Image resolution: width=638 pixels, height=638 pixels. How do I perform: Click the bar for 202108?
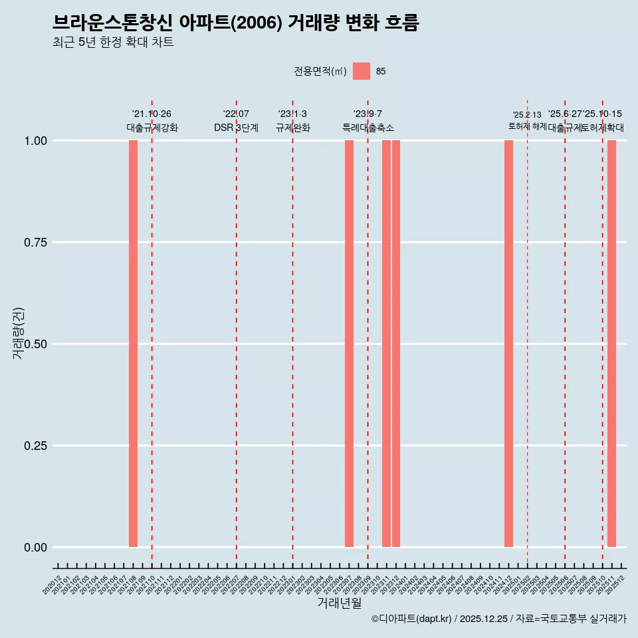pyautogui.click(x=133, y=344)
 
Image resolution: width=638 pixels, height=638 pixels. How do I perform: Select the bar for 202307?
pyautogui.click(x=349, y=344)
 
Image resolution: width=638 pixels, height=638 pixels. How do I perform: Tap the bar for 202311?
pyautogui.click(x=386, y=344)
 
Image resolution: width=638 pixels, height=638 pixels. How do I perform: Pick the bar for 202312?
pyautogui.click(x=396, y=344)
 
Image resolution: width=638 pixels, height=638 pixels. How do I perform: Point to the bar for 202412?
pyautogui.click(x=508, y=344)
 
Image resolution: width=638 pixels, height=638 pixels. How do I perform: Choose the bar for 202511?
pyautogui.click(x=611, y=344)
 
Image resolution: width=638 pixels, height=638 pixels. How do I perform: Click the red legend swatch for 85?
pyautogui.click(x=362, y=71)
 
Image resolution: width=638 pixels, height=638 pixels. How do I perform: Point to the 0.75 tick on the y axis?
pyautogui.click(x=35, y=243)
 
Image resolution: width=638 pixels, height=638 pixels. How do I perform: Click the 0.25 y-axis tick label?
pyautogui.click(x=35, y=446)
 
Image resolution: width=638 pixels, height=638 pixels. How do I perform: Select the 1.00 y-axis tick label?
pyautogui.click(x=35, y=141)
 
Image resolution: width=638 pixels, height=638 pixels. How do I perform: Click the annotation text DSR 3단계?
pyautogui.click(x=236, y=128)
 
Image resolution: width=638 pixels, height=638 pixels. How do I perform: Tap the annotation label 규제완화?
pyautogui.click(x=293, y=128)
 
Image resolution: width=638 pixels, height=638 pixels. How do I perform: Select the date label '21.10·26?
pyautogui.click(x=152, y=114)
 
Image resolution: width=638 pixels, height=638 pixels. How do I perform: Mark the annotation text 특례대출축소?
pyautogui.click(x=368, y=128)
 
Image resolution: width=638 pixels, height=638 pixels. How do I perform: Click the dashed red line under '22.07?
pyautogui.click(x=237, y=332)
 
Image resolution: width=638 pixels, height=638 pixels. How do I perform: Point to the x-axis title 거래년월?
pyautogui.click(x=339, y=603)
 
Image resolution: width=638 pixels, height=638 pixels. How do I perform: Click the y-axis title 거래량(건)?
pyautogui.click(x=19, y=334)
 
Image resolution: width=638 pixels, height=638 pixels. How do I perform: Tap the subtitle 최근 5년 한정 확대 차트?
pyautogui.click(x=113, y=43)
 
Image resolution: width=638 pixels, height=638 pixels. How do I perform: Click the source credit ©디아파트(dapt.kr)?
pyautogui.click(x=411, y=619)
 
